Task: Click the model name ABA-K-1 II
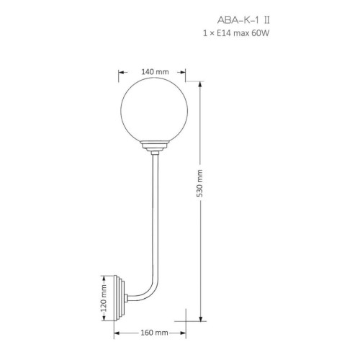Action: pyautogui.click(x=243, y=20)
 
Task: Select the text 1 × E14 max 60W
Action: pyautogui.click(x=236, y=33)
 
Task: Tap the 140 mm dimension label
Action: pyautogui.click(x=155, y=72)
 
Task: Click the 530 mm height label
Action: pyautogui.click(x=199, y=184)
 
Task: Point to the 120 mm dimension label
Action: pyautogui.click(x=104, y=298)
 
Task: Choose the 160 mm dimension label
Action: pyautogui.click(x=154, y=333)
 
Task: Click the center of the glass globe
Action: pyautogui.click(x=154, y=111)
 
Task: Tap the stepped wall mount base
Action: pyautogui.click(x=120, y=298)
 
